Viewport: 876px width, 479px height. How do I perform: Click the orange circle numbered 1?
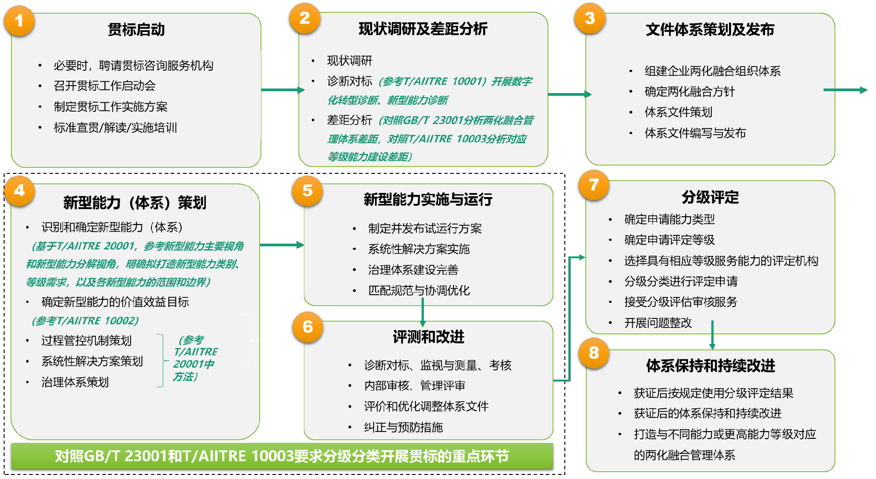click(x=19, y=21)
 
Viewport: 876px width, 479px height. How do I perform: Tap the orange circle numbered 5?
click(x=308, y=191)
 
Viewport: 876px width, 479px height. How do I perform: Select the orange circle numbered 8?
click(x=594, y=353)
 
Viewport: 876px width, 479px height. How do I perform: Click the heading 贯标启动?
click(x=136, y=30)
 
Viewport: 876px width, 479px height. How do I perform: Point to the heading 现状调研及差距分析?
click(x=423, y=29)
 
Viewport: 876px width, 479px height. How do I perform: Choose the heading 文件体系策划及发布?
click(x=710, y=30)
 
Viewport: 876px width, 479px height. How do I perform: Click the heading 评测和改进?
click(x=428, y=337)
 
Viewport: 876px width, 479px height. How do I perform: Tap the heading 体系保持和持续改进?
click(x=710, y=365)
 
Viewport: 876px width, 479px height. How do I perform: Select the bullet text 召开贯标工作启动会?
click(x=104, y=86)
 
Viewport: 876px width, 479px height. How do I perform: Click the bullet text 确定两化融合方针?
click(x=689, y=92)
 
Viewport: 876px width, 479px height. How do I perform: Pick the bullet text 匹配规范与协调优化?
click(x=419, y=291)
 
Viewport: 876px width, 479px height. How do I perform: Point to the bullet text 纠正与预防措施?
click(x=403, y=427)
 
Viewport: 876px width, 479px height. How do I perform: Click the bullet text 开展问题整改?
click(x=658, y=323)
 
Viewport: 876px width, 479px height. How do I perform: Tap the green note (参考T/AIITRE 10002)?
click(x=85, y=321)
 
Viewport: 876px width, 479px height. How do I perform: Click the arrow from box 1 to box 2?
click(x=282, y=90)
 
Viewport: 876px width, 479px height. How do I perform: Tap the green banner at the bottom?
click(x=282, y=456)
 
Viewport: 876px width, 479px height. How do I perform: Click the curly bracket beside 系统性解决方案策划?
click(x=161, y=361)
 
